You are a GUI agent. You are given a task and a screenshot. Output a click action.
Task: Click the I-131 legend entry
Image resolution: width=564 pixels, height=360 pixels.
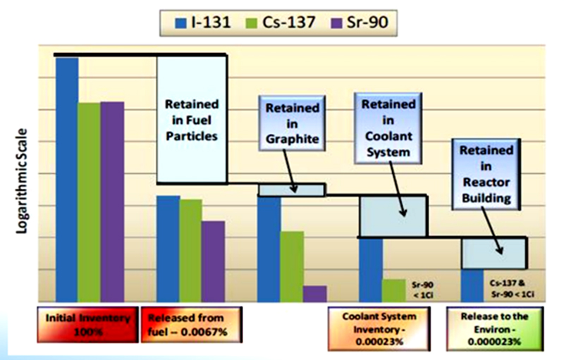click(202, 23)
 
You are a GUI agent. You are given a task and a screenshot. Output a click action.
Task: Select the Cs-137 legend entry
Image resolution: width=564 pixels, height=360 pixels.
click(281, 23)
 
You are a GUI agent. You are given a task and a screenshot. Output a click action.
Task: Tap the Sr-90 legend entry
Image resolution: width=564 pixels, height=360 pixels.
click(360, 23)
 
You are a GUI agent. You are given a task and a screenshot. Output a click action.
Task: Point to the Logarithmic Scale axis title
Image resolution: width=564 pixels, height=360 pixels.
click(22, 181)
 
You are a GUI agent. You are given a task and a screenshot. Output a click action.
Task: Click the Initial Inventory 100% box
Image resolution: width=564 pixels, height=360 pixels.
click(87, 325)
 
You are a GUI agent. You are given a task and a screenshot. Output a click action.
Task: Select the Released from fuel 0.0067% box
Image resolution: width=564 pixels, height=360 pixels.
click(191, 325)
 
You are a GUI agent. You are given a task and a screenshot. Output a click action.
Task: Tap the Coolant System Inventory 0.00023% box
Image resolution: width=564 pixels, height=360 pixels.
click(379, 328)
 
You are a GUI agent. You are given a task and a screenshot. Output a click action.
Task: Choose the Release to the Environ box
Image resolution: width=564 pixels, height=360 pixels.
click(495, 328)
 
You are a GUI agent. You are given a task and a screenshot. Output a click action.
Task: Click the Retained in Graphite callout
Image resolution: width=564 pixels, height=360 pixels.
click(292, 123)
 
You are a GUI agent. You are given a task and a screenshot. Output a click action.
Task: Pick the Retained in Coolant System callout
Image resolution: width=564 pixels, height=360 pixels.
click(388, 129)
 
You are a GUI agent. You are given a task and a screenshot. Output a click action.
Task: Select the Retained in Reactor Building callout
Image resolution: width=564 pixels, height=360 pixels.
click(486, 174)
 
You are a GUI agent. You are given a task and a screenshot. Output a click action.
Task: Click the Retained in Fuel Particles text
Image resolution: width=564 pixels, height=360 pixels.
click(192, 120)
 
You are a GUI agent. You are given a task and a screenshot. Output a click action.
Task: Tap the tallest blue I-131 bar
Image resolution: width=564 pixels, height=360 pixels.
click(67, 180)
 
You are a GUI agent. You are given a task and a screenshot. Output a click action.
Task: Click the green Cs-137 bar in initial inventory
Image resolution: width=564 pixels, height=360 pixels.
click(90, 202)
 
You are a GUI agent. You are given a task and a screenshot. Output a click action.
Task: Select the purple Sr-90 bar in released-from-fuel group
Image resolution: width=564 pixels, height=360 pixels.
click(214, 261)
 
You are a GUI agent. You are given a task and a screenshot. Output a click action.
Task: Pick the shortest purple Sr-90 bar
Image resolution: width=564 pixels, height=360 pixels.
click(315, 294)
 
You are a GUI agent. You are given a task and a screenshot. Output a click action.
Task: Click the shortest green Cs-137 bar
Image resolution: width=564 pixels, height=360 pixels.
click(394, 291)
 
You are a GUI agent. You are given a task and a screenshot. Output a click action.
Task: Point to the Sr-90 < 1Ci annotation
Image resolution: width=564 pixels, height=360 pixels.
click(422, 290)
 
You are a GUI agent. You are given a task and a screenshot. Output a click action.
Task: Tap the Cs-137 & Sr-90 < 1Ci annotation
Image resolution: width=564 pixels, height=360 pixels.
click(513, 289)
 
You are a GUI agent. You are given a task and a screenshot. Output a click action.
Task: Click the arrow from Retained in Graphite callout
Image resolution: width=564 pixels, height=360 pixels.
click(290, 171)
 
